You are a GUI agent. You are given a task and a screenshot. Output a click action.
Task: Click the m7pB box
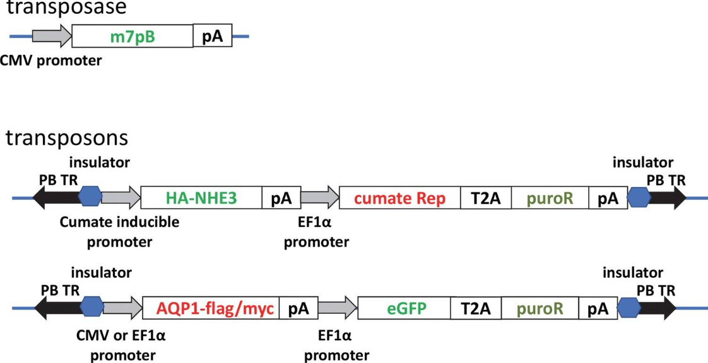point(133,36)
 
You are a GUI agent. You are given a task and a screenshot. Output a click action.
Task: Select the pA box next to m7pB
point(213,36)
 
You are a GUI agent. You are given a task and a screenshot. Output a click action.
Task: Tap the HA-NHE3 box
point(202,197)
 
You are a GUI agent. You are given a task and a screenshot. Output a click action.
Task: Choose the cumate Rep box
point(399,197)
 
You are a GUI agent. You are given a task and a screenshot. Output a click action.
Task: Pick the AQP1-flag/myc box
point(211,308)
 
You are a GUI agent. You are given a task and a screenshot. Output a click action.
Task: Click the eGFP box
point(404,308)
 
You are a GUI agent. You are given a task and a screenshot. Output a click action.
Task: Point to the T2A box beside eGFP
point(476,308)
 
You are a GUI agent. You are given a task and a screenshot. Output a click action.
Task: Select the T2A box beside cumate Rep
point(486,197)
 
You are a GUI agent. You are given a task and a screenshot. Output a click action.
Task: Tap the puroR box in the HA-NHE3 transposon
point(550,197)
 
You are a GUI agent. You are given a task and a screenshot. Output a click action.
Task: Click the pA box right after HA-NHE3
point(282,197)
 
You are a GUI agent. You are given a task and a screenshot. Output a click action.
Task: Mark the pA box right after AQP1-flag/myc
point(298,308)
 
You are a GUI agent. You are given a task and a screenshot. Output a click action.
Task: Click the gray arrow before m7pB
point(52,36)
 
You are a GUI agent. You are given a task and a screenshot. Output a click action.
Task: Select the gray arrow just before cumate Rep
point(320,197)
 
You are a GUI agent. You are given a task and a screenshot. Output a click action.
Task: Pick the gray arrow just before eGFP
point(338,308)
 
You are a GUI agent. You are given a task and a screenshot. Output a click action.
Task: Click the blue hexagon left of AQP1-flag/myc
point(91,308)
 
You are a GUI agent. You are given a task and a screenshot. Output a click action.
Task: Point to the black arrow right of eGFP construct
point(658,308)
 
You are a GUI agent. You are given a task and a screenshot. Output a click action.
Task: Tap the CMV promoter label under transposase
point(51,59)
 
